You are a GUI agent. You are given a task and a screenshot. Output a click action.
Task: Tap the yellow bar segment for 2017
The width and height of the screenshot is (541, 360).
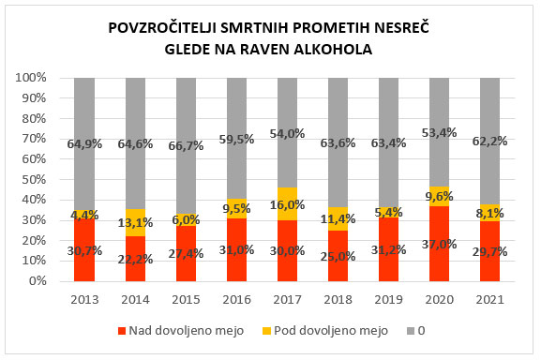pyautogui.click(x=288, y=203)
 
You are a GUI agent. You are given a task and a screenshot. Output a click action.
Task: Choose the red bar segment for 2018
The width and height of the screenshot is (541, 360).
pyautogui.click(x=338, y=255)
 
